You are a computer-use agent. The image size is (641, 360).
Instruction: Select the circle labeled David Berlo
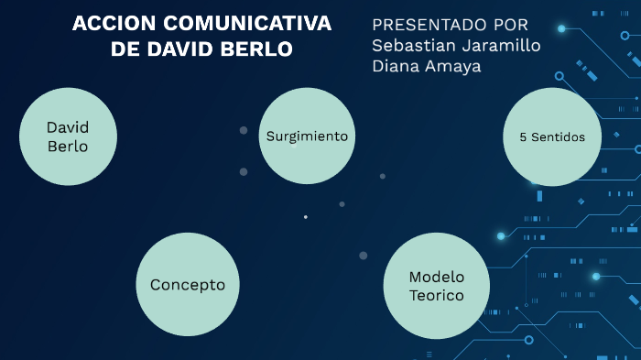tap(68, 136)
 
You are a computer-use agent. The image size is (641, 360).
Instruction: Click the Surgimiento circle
tap(307, 136)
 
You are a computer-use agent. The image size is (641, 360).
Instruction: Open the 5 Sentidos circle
tap(552, 136)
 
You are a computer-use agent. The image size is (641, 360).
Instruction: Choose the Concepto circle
tap(188, 284)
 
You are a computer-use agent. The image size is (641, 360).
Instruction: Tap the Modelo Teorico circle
tap(433, 286)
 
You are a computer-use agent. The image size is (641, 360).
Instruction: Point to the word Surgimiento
tap(307, 136)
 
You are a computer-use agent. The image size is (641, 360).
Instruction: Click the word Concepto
tap(188, 285)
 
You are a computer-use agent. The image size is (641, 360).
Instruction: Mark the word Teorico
tap(437, 296)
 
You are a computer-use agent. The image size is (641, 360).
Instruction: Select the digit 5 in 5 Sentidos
tap(523, 137)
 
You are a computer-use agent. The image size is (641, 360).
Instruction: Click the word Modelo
tap(437, 277)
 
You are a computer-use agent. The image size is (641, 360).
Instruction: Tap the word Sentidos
tap(559, 137)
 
